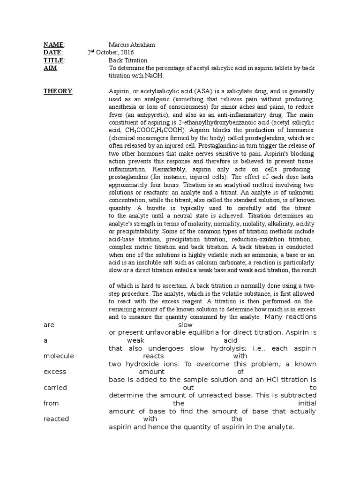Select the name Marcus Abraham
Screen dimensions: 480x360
click(x=132, y=45)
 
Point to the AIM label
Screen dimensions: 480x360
click(x=49, y=68)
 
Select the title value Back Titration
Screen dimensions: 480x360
click(x=128, y=60)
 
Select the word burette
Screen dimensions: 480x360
click(x=153, y=208)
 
